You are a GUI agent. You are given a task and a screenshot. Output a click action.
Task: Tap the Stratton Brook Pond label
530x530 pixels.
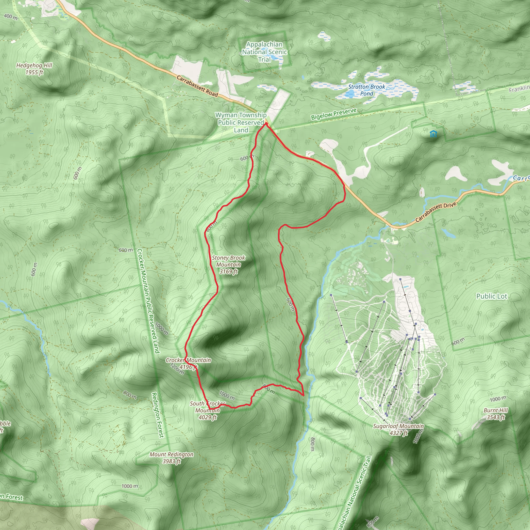pos(366,90)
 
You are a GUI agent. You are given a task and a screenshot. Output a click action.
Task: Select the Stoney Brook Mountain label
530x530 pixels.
pos(228,265)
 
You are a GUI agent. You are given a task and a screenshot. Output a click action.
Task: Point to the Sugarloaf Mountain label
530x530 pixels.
pos(398,430)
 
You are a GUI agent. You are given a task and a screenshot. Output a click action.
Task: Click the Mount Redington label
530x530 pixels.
pos(172,458)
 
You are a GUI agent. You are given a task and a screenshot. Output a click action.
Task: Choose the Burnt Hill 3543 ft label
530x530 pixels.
pos(495,414)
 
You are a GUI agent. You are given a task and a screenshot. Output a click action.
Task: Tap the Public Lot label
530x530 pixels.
pos(492,296)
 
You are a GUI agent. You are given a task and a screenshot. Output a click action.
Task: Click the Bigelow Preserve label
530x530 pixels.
pos(334,114)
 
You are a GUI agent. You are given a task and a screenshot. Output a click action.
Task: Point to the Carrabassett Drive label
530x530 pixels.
pos(436,212)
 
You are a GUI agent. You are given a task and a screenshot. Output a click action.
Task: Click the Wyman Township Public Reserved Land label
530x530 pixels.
pos(241,123)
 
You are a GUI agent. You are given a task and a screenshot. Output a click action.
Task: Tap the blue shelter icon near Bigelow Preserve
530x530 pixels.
pos(433,134)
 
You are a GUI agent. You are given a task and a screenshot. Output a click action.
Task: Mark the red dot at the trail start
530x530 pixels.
pos(266,124)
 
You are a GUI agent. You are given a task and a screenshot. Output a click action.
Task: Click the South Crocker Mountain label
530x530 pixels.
pos(207,410)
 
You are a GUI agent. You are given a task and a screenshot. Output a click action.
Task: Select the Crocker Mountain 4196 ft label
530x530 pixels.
pos(188,363)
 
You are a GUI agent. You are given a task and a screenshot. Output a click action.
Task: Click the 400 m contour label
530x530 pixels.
pos(11,17)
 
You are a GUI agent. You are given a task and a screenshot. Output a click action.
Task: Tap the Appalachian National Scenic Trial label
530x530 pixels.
pos(264,52)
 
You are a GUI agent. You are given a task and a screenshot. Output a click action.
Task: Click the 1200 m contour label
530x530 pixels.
pos(177,369)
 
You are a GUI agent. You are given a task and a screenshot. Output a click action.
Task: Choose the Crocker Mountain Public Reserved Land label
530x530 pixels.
pos(148,301)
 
